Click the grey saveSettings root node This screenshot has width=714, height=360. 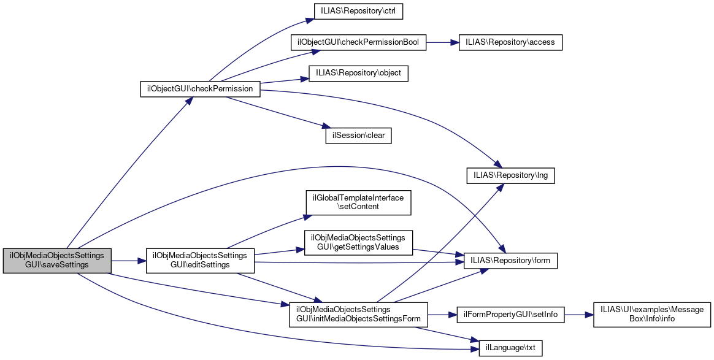[57, 261]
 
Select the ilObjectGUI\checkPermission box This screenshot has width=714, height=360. [201, 88]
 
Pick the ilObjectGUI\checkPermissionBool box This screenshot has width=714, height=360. [358, 42]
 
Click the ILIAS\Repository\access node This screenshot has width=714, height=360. [510, 42]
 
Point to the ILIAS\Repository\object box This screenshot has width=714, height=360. [358, 73]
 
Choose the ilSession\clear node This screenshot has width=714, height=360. [358, 136]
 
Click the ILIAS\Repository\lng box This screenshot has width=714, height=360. [511, 175]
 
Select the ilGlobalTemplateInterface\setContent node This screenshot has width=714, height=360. [358, 202]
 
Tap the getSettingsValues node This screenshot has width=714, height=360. [358, 242]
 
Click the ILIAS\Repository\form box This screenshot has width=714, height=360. [511, 261]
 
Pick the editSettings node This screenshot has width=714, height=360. [199, 261]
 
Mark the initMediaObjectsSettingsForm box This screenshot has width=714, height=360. [358, 314]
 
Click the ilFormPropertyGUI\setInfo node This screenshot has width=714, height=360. [511, 314]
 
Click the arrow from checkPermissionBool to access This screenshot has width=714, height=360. [442, 42]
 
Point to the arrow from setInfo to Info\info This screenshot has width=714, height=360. [578, 314]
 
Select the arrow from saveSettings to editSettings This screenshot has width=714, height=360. [128, 261]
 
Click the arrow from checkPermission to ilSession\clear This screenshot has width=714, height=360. [276, 111]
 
